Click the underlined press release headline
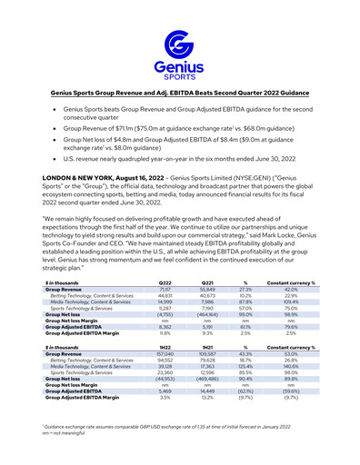180,94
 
